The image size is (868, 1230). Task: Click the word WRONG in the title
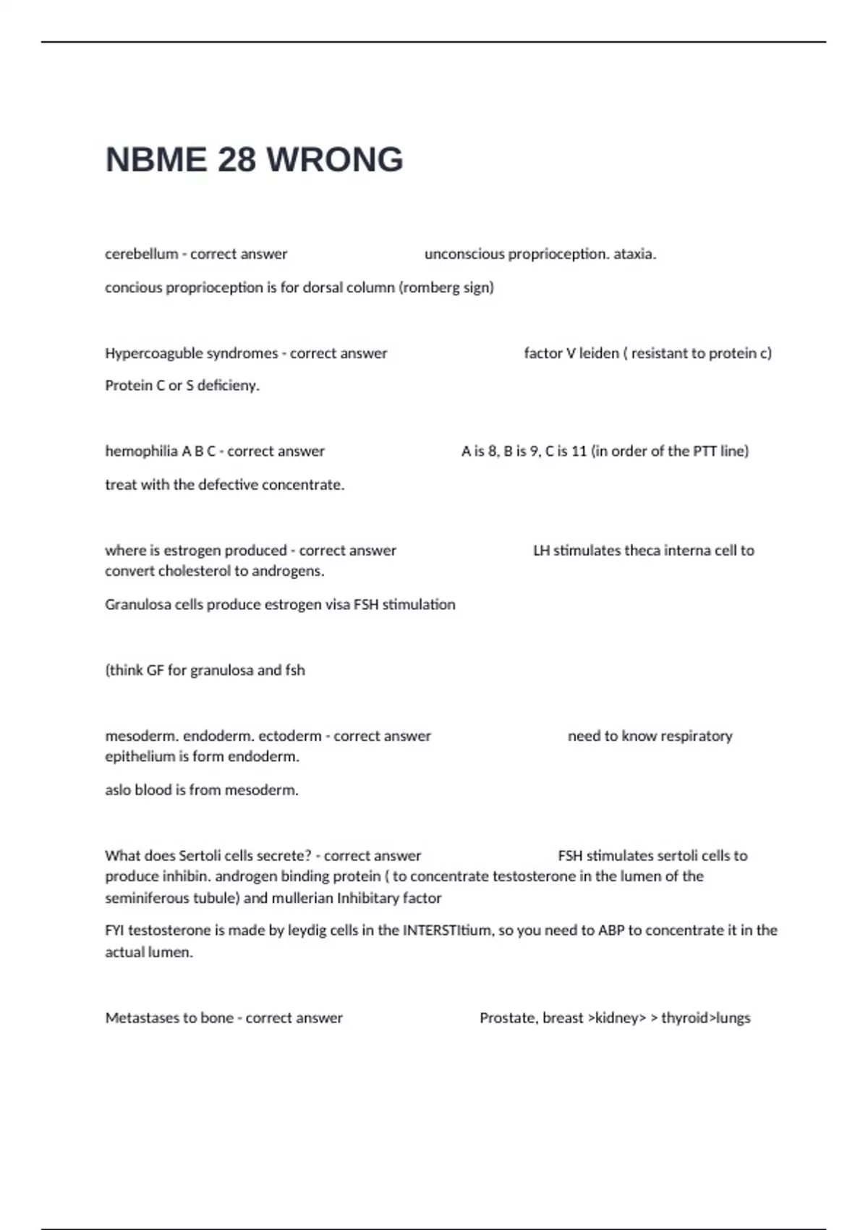pos(335,160)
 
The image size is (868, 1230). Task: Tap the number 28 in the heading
pos(236,160)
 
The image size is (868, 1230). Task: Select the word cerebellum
pos(141,254)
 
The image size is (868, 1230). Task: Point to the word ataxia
pos(634,254)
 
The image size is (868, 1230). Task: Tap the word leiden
pos(599,353)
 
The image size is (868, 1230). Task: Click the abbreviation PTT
pos(705,451)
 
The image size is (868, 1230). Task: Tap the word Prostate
pos(509,1018)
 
